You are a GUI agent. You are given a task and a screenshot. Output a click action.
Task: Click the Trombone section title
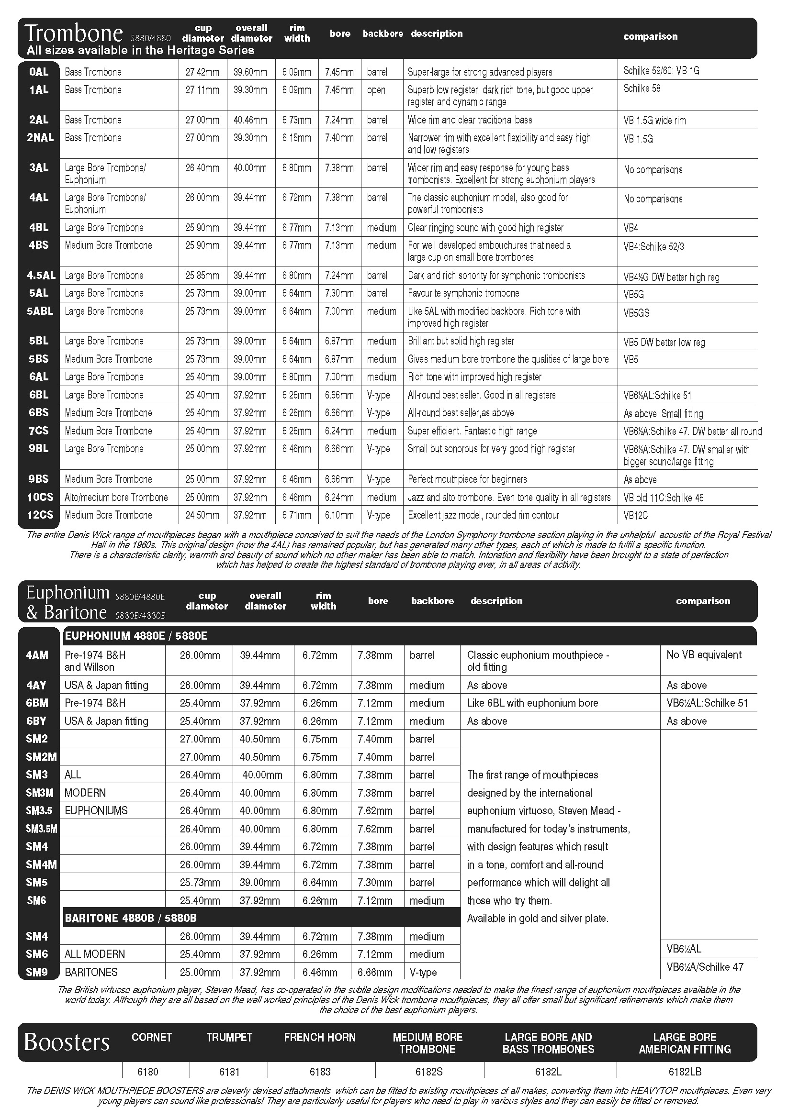(74, 33)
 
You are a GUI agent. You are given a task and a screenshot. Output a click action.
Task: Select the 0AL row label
(38, 72)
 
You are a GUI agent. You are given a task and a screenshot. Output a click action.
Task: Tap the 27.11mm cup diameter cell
(202, 90)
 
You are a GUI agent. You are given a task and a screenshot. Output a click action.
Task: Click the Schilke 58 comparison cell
(642, 89)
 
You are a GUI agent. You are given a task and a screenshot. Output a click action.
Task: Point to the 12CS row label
(40, 515)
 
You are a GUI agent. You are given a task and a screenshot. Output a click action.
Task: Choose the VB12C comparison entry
(635, 516)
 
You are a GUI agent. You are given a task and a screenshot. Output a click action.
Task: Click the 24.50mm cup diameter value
(202, 515)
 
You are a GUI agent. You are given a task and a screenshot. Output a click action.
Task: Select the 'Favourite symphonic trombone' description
(463, 293)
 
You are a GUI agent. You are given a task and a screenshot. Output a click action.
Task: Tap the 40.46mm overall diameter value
(250, 121)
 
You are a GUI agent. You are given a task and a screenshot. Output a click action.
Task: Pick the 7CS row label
(38, 431)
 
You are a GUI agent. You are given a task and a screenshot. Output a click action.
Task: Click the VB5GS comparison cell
(636, 313)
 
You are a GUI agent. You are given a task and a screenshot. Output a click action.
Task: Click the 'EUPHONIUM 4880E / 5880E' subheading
(135, 636)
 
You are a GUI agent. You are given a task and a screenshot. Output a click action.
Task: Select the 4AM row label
(37, 655)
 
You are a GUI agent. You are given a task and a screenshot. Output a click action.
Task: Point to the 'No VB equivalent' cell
(704, 655)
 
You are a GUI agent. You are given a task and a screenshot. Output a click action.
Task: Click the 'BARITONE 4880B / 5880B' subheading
(131, 918)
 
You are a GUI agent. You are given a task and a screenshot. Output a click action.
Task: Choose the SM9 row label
(37, 972)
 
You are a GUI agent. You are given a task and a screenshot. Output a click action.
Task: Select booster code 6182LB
(685, 1072)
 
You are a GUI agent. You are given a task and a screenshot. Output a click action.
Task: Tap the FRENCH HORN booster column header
(319, 1037)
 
